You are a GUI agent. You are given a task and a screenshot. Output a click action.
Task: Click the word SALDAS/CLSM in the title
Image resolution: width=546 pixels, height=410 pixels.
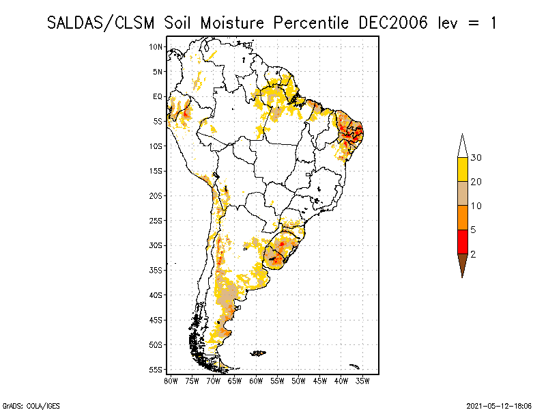[x=100, y=23]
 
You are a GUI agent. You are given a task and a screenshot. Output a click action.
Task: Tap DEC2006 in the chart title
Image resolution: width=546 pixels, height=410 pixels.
[x=393, y=23]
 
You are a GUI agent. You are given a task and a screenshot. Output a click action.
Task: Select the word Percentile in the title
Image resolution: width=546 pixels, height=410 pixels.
[x=311, y=23]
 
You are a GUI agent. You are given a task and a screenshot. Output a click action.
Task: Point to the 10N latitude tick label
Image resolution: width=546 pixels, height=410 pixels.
[x=156, y=46]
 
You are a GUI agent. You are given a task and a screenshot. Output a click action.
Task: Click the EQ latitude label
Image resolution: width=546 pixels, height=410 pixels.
[x=158, y=96]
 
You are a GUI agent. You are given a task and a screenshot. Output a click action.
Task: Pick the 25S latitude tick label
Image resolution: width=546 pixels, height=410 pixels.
[x=156, y=221]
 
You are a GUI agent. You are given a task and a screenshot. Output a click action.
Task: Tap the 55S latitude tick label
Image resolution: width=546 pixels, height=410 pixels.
[x=156, y=370]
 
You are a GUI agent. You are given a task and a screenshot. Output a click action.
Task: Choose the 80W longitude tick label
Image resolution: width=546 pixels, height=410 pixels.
[x=171, y=381]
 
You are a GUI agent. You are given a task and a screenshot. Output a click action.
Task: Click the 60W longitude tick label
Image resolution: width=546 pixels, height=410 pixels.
[x=256, y=381]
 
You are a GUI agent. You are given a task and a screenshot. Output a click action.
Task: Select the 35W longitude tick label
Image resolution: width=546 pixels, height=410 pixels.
[x=362, y=381]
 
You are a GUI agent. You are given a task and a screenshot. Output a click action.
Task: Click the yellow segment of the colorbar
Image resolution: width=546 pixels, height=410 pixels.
[x=463, y=169]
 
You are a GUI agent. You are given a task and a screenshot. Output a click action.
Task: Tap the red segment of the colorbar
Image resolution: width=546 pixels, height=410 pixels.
[x=463, y=242]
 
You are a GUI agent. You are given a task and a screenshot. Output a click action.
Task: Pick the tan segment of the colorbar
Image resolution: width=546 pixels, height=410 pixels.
[x=463, y=193]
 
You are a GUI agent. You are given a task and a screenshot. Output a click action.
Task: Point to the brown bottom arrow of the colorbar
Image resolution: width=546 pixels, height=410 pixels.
[x=463, y=264]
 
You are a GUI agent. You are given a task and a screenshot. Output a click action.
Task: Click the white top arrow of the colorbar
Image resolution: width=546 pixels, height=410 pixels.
[x=463, y=146]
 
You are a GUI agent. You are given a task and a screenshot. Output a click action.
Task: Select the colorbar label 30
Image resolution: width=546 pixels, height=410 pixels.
[x=476, y=158]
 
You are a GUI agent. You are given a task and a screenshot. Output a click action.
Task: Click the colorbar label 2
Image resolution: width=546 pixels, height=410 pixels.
[x=473, y=254]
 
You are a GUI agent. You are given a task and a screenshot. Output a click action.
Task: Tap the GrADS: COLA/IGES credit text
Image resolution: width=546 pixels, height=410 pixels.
[x=31, y=406]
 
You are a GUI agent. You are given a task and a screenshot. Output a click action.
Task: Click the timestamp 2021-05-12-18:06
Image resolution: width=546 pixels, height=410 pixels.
[x=499, y=406]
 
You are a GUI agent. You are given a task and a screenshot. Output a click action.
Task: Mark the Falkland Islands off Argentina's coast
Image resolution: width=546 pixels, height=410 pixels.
[x=258, y=353]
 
